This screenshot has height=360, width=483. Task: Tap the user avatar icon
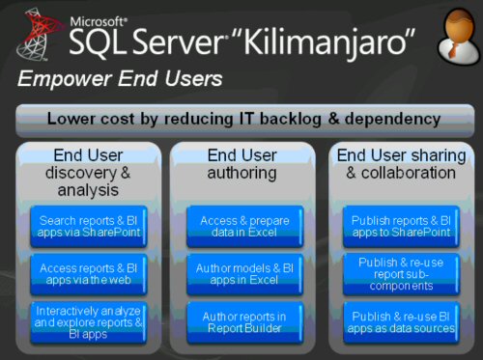[448, 36]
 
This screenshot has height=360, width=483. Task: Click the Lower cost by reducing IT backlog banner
[241, 120]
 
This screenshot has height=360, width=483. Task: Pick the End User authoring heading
[241, 164]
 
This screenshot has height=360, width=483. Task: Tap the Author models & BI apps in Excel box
[241, 274]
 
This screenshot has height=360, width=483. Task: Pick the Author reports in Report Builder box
[241, 320]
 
